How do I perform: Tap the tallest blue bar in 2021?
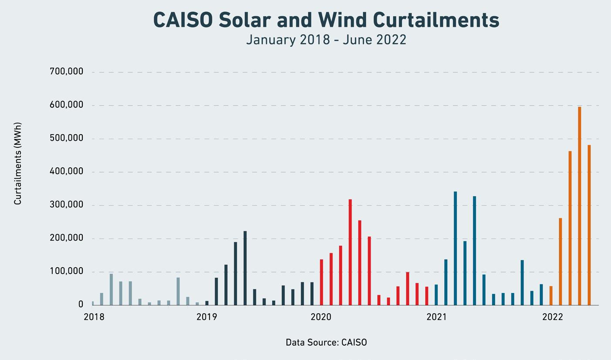point(455,248)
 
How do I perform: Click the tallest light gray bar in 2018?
point(111,289)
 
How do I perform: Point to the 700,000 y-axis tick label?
point(67,71)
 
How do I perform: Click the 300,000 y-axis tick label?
point(67,205)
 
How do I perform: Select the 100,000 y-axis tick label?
point(67,272)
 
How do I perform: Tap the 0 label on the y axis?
point(81,305)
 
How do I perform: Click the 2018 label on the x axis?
point(94,317)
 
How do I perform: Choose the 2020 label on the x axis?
point(321,317)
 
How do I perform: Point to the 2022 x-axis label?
point(553,317)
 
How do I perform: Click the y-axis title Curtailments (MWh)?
point(18,163)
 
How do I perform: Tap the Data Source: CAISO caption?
point(326,343)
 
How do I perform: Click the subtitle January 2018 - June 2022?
point(326,40)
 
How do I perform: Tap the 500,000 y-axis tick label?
point(67,138)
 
